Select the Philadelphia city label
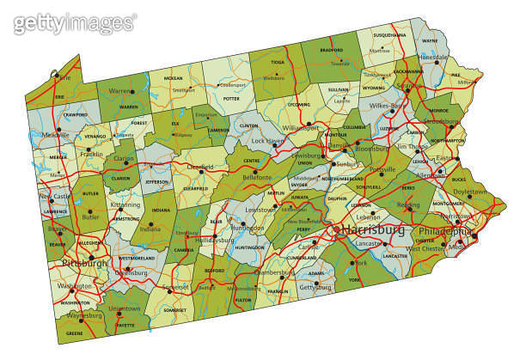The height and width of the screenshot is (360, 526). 443,232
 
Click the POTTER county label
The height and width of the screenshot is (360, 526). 231,99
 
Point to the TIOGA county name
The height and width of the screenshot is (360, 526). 277,63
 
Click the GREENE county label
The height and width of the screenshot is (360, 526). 75,333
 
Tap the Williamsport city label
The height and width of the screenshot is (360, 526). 300,127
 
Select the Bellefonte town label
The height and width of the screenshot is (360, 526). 257,177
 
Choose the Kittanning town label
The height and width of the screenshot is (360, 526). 125,205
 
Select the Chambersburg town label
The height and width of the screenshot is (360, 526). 275,273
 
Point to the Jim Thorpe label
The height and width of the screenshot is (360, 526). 413,146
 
